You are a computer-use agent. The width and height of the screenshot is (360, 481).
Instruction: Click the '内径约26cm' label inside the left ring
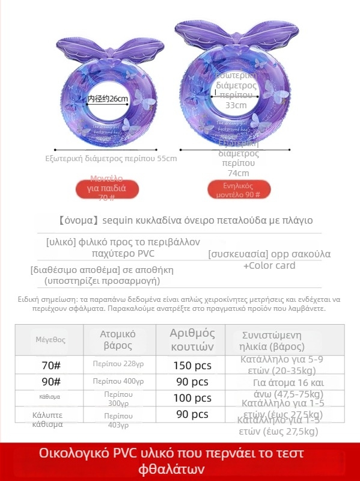click(108, 99)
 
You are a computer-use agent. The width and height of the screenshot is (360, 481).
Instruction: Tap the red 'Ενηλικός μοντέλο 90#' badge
click(237, 190)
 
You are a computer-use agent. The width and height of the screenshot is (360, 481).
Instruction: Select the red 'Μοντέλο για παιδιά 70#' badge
click(106, 188)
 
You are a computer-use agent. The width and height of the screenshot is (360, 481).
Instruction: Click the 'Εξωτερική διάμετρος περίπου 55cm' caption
click(111, 159)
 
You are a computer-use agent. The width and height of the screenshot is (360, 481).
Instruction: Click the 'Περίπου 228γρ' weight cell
click(118, 364)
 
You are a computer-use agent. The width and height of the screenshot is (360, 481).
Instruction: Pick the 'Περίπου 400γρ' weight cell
click(118, 381)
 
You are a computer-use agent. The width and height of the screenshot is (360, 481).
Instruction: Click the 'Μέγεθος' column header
click(50, 340)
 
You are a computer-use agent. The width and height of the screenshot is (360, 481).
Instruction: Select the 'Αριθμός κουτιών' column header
click(192, 340)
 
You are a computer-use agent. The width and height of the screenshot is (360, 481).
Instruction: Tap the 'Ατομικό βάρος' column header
click(118, 340)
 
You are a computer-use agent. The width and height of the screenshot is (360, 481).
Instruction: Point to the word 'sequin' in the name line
click(119, 221)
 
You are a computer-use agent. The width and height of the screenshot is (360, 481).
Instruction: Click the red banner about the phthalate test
click(180, 461)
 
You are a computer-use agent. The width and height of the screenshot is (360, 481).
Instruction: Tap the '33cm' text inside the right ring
click(236, 105)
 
